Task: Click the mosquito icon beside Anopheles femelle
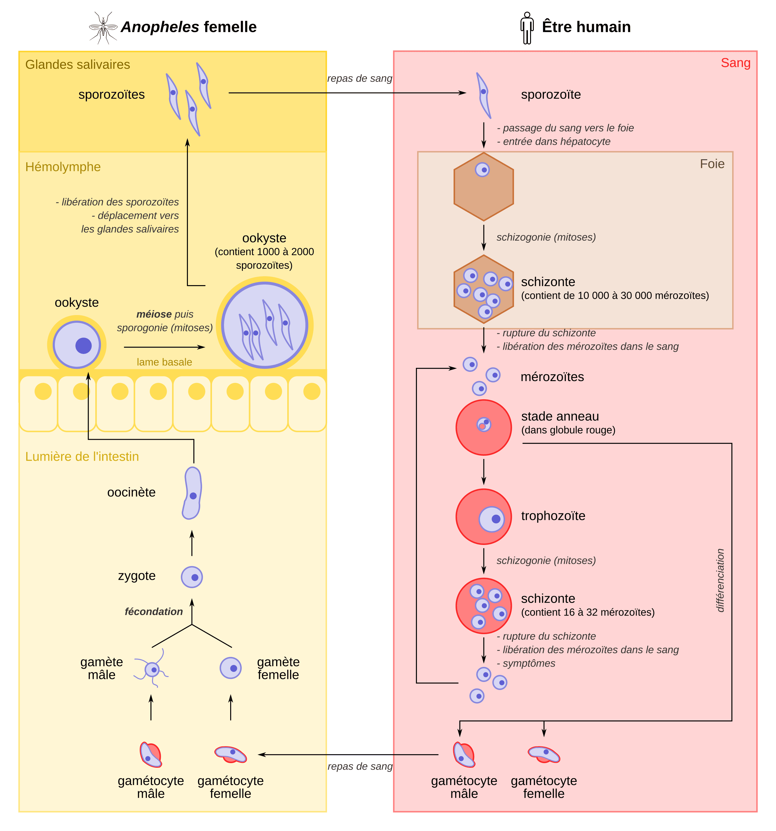pos(103,27)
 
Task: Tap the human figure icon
pos(527,27)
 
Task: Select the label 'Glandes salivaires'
pos(78,64)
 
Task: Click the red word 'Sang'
pos(736,63)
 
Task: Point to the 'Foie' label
pos(712,164)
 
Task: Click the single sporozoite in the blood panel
pos(483,95)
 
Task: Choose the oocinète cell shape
pos(192,493)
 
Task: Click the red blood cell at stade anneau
pos(483,427)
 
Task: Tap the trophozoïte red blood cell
pos(483,517)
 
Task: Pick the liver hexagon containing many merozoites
pos(483,289)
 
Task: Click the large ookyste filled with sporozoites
pos(264,325)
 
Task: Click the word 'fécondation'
pos(154,612)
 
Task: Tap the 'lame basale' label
pos(164,362)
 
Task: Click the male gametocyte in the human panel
pos(464,755)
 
